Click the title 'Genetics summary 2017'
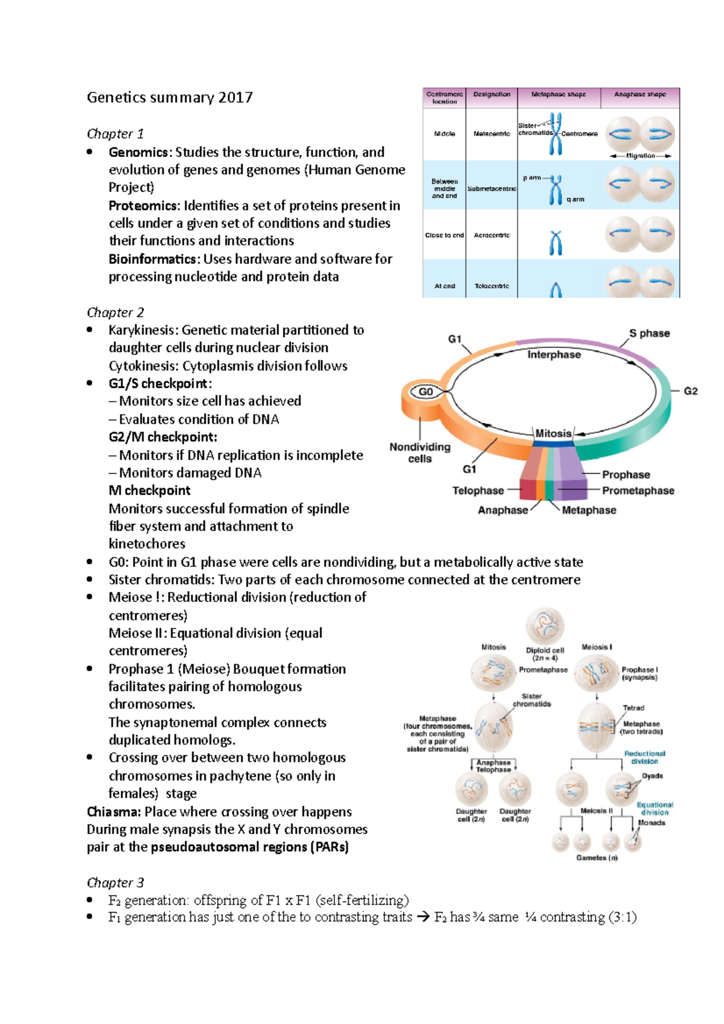pyautogui.click(x=170, y=98)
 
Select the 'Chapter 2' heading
pyautogui.click(x=115, y=312)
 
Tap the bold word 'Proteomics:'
pyautogui.click(x=144, y=206)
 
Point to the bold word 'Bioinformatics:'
pyautogui.click(x=154, y=259)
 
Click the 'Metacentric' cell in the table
pyautogui.click(x=492, y=134)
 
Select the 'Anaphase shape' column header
pyautogui.click(x=640, y=95)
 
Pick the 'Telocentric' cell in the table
pyautogui.click(x=492, y=286)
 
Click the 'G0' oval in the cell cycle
pyautogui.click(x=426, y=392)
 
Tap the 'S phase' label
pyautogui.click(x=649, y=333)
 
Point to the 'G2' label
pyautogui.click(x=690, y=391)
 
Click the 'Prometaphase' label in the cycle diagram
pyautogui.click(x=638, y=491)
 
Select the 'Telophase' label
pyautogui.click(x=478, y=491)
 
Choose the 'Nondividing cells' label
pyautogui.click(x=420, y=453)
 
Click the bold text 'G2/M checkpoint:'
pyautogui.click(x=163, y=437)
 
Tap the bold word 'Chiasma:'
pyautogui.click(x=113, y=812)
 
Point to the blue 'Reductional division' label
pyautogui.click(x=644, y=757)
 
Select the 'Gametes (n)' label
pyautogui.click(x=597, y=858)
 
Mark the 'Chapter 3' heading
pyautogui.click(x=115, y=883)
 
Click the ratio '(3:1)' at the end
pyautogui.click(x=623, y=917)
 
